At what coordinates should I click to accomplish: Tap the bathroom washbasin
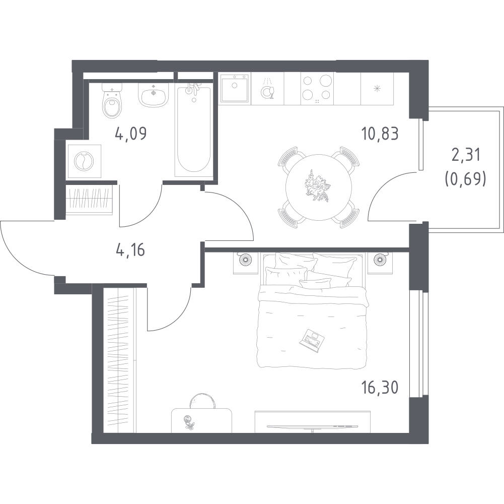click(154, 95)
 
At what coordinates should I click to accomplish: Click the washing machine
click(84, 161)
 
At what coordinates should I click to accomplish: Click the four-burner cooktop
click(317, 89)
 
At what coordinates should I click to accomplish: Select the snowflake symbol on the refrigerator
click(377, 89)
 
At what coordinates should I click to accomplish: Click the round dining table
click(319, 187)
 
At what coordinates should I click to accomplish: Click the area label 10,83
click(380, 134)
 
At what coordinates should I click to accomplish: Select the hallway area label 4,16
click(130, 250)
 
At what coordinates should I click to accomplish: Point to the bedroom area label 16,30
click(380, 388)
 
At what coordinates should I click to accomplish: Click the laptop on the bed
click(312, 340)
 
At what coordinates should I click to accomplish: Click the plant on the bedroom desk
click(189, 422)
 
